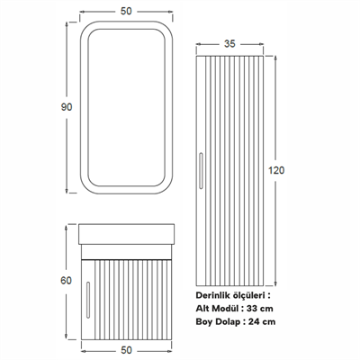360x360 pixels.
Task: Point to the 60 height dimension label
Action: [66, 279]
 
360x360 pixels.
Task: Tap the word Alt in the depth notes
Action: [203, 308]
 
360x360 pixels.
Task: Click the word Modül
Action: [231, 308]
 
